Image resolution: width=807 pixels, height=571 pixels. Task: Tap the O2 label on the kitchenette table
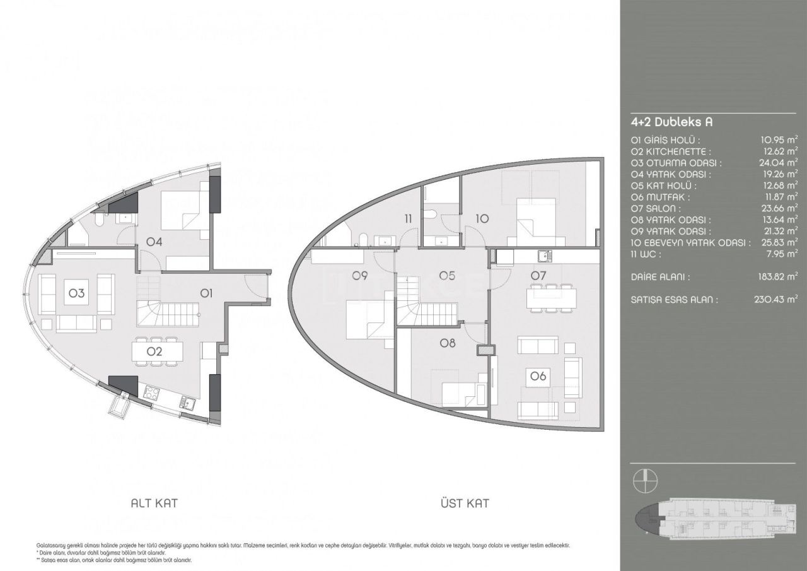point(155,352)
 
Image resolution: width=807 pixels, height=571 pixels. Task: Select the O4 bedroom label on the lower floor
point(155,241)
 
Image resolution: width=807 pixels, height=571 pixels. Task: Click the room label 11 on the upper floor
point(409,219)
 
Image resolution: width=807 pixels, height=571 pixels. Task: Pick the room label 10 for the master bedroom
point(482,219)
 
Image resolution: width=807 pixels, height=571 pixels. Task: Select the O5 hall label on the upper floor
point(447,275)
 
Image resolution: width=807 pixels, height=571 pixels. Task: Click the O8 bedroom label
point(447,343)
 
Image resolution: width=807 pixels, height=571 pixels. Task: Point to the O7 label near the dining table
point(538,275)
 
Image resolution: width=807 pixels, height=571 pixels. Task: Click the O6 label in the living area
point(538,376)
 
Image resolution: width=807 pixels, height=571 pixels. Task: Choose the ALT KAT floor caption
point(154,503)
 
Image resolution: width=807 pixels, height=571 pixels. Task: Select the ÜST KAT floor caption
point(465,503)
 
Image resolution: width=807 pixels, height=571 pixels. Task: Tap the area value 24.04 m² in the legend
point(779,163)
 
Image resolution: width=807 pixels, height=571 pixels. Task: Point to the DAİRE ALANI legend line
point(660,276)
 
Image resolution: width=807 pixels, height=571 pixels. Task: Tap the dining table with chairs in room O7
point(552,297)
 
